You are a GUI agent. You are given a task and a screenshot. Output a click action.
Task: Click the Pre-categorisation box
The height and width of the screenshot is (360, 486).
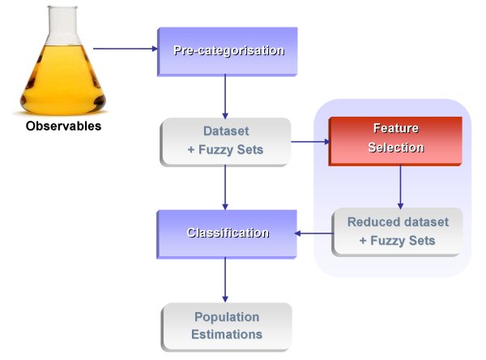click(227, 52)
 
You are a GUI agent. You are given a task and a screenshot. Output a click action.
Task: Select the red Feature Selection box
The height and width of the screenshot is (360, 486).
click(395, 141)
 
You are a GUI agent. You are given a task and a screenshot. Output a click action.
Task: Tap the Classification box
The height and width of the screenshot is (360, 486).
click(227, 234)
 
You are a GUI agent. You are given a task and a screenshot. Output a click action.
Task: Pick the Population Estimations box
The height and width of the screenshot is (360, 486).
click(227, 327)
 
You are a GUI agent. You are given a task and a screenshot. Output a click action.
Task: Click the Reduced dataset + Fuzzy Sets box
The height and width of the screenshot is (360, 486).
click(397, 232)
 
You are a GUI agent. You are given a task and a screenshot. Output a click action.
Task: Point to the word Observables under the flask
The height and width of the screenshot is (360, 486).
click(63, 126)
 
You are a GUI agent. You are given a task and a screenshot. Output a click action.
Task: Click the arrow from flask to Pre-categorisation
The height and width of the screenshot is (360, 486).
click(126, 49)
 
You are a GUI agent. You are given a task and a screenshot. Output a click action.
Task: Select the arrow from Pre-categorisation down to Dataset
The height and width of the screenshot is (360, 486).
click(225, 96)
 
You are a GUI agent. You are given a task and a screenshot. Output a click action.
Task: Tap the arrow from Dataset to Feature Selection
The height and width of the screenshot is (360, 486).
click(310, 142)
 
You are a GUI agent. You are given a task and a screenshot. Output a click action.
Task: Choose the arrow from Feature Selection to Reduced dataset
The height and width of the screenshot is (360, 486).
click(400, 186)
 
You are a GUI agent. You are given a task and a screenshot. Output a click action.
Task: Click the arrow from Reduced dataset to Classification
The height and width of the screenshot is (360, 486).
click(313, 234)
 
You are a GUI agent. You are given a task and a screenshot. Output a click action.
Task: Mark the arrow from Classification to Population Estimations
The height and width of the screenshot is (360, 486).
click(225, 280)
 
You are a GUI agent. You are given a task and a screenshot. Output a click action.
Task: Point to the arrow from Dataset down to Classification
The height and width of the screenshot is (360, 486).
click(225, 187)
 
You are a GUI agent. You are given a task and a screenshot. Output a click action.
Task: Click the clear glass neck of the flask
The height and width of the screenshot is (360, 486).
click(63, 25)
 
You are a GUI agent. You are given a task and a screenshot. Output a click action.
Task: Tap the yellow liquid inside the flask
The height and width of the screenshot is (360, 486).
click(63, 81)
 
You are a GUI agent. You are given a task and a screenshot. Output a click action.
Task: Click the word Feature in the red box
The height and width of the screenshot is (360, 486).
click(396, 128)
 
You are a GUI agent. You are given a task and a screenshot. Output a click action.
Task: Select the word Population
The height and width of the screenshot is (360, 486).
click(227, 317)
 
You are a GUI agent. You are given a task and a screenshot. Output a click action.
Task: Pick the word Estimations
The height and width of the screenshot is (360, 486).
click(227, 335)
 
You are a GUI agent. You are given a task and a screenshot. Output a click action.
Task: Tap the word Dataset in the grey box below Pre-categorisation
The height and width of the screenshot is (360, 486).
click(226, 131)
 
